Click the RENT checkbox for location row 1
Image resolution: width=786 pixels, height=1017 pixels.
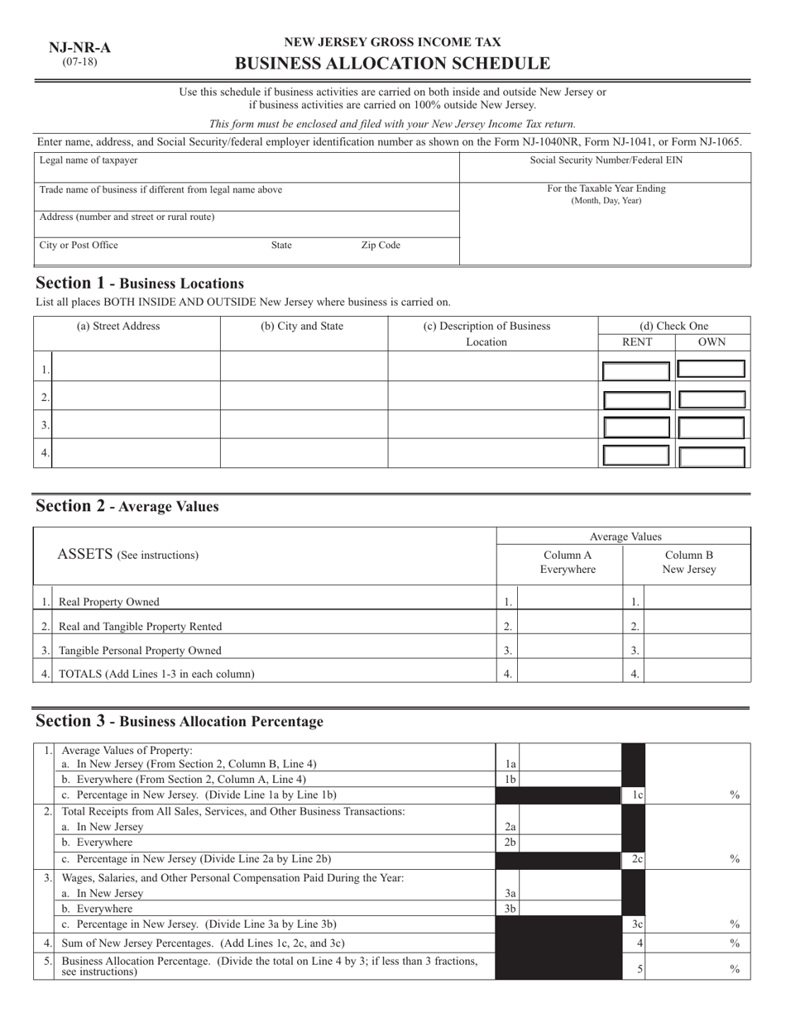[x=636, y=370]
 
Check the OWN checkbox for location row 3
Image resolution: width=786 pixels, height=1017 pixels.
[x=712, y=427]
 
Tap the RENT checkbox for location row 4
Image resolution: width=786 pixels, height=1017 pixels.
[x=636, y=455]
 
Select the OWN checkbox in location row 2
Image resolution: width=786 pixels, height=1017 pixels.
[x=712, y=399]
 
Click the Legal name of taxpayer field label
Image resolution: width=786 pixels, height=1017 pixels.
[x=89, y=160]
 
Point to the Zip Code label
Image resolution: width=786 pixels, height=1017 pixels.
[x=381, y=246]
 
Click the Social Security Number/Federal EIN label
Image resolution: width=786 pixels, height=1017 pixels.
[x=606, y=160]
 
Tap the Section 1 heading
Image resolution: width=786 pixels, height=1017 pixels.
[x=140, y=283]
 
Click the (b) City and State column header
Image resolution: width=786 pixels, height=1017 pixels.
[x=302, y=326]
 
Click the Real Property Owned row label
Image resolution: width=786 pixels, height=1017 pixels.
[x=109, y=602]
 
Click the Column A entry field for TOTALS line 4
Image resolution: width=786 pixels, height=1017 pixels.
[x=569, y=674]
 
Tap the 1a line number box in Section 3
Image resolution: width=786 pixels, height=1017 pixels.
[x=510, y=765]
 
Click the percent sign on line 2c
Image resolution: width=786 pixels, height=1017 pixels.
[x=734, y=860]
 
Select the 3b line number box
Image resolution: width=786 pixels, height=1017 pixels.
[x=510, y=909]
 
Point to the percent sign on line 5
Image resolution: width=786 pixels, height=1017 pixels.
[x=734, y=969]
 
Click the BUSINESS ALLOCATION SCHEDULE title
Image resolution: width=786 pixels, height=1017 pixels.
[x=392, y=64]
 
